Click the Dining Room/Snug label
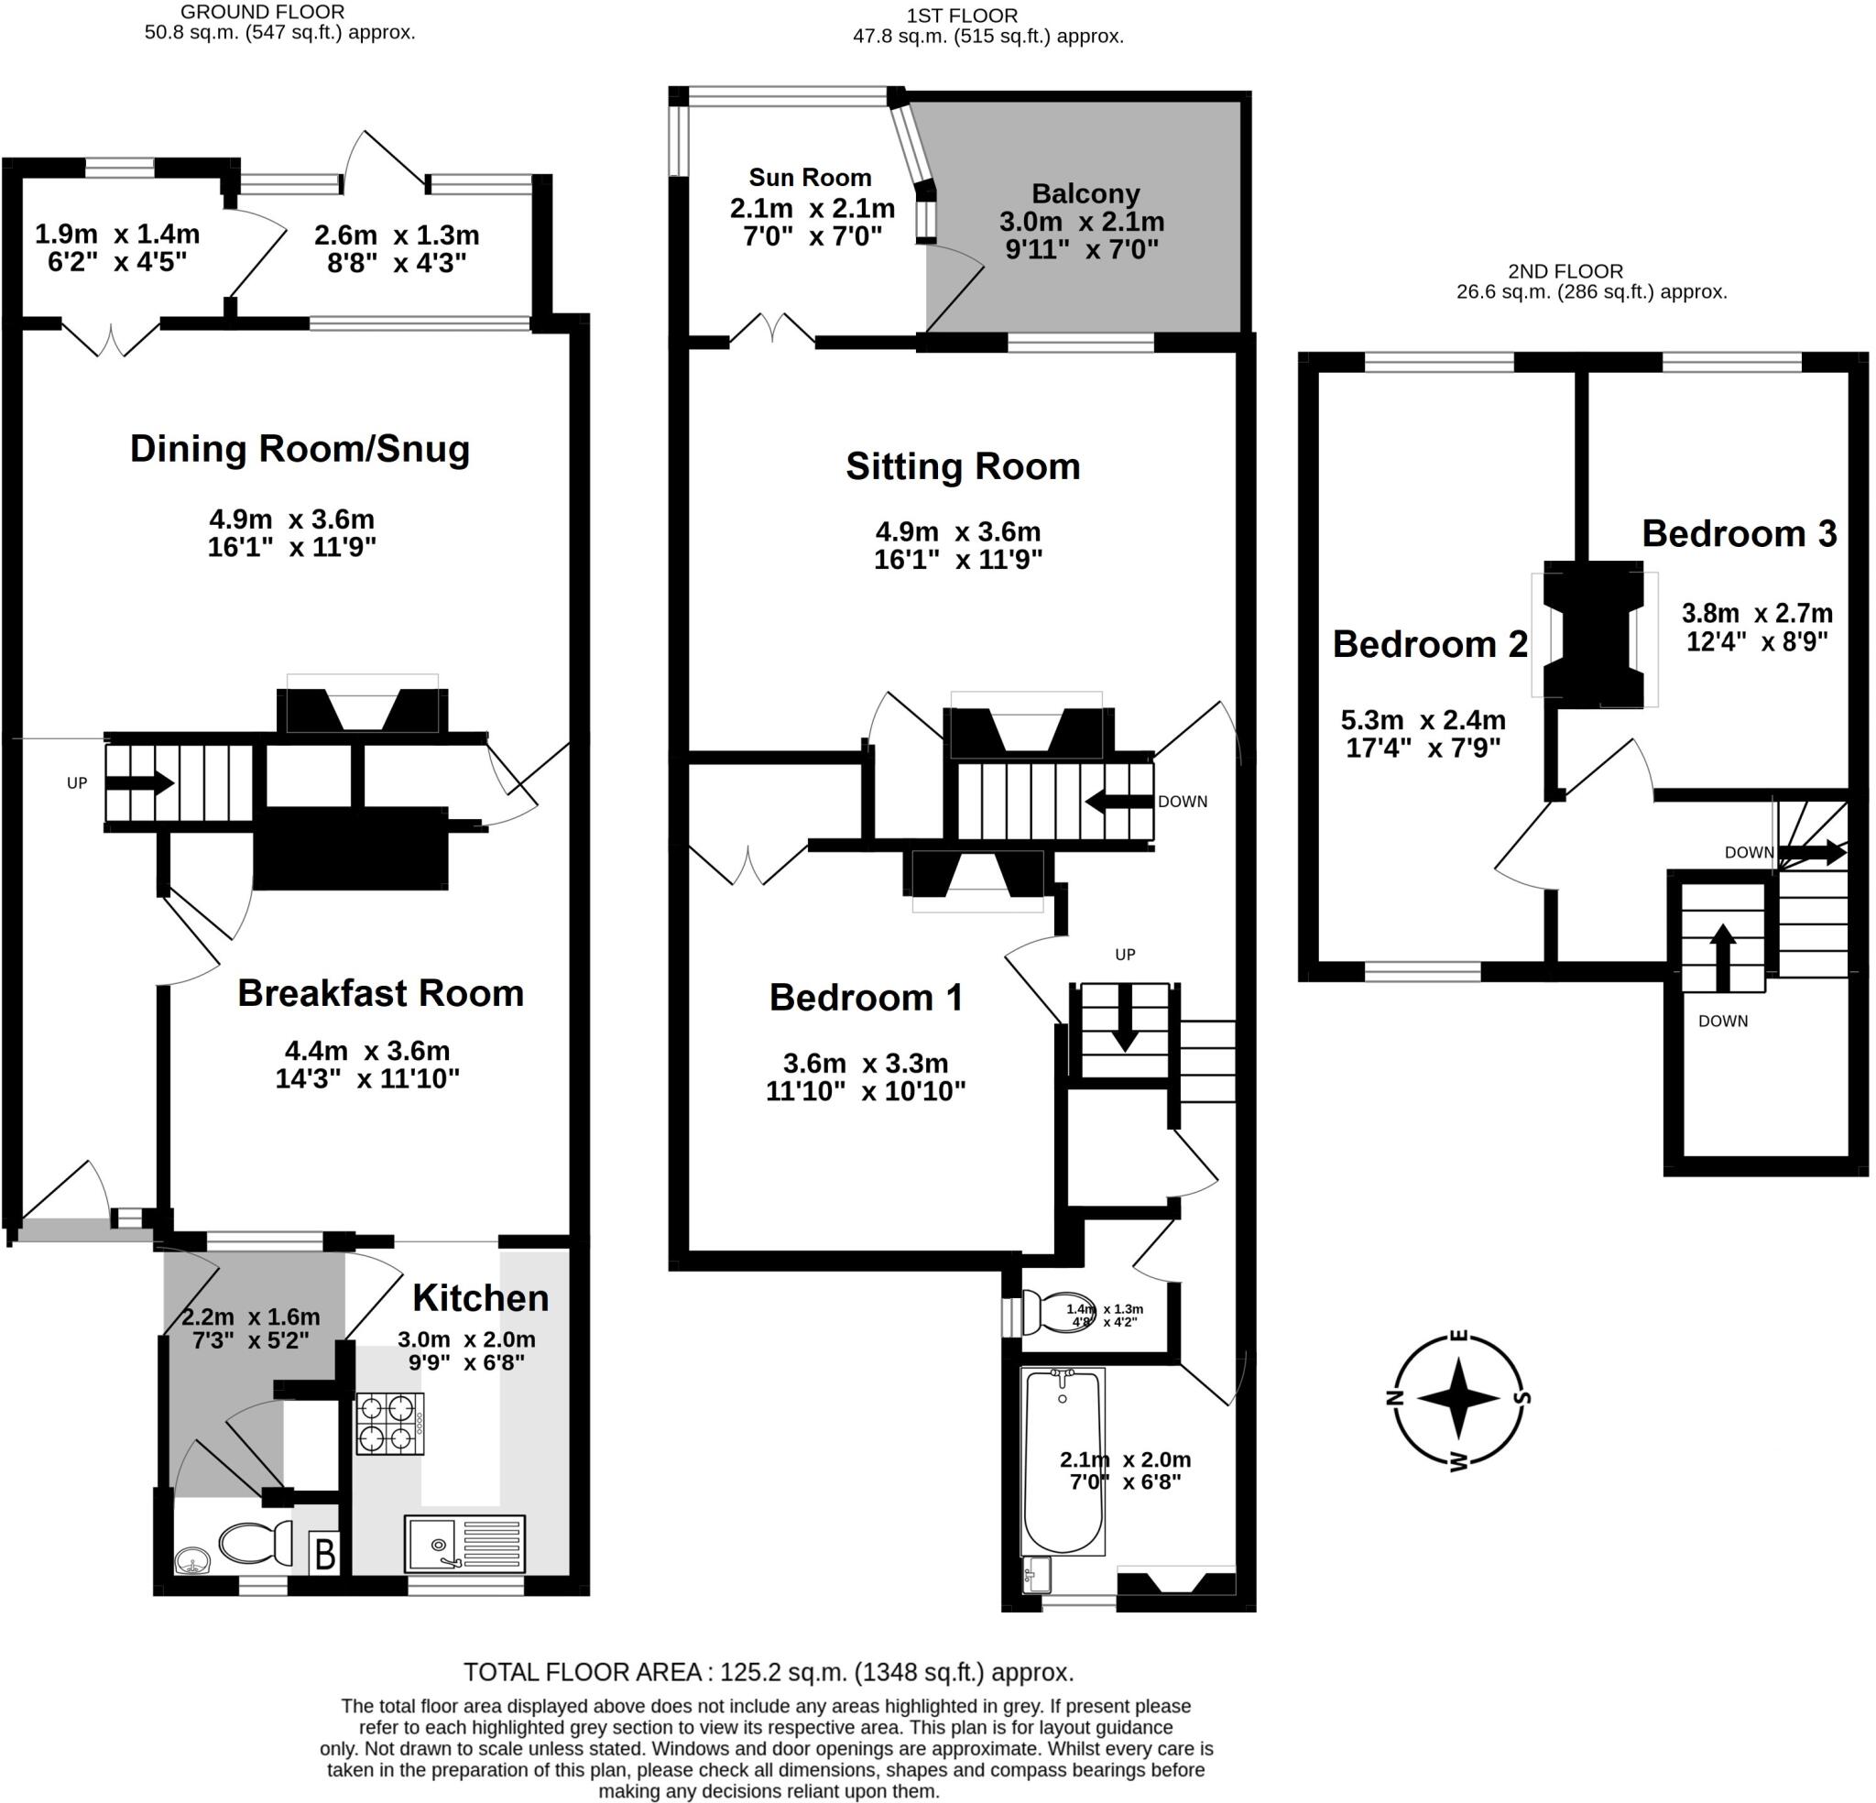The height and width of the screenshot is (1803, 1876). pyautogui.click(x=300, y=449)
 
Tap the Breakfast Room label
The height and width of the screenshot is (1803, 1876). pyautogui.click(x=381, y=993)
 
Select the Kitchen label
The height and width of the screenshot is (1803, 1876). pyautogui.click(x=481, y=1297)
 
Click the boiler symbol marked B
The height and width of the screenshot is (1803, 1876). pyautogui.click(x=324, y=1553)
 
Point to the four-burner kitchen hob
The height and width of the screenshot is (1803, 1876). pyautogui.click(x=389, y=1424)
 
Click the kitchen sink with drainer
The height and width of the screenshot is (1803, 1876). pyautogui.click(x=464, y=1544)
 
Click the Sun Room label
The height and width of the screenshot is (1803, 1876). pyautogui.click(x=810, y=177)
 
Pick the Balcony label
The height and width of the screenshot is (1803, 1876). pyautogui.click(x=1085, y=193)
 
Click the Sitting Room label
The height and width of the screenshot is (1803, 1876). pyautogui.click(x=963, y=466)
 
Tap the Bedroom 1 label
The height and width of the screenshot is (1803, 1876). pyautogui.click(x=867, y=997)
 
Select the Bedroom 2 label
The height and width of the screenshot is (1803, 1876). pyautogui.click(x=1430, y=643)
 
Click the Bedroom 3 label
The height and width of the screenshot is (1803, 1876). pyautogui.click(x=1740, y=533)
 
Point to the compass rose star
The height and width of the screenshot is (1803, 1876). pyautogui.click(x=1457, y=1399)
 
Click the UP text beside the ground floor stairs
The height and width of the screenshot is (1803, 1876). pyautogui.click(x=78, y=783)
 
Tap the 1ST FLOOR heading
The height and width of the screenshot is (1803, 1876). pyautogui.click(x=962, y=16)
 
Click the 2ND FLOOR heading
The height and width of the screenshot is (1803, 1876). pyautogui.click(x=1565, y=271)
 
